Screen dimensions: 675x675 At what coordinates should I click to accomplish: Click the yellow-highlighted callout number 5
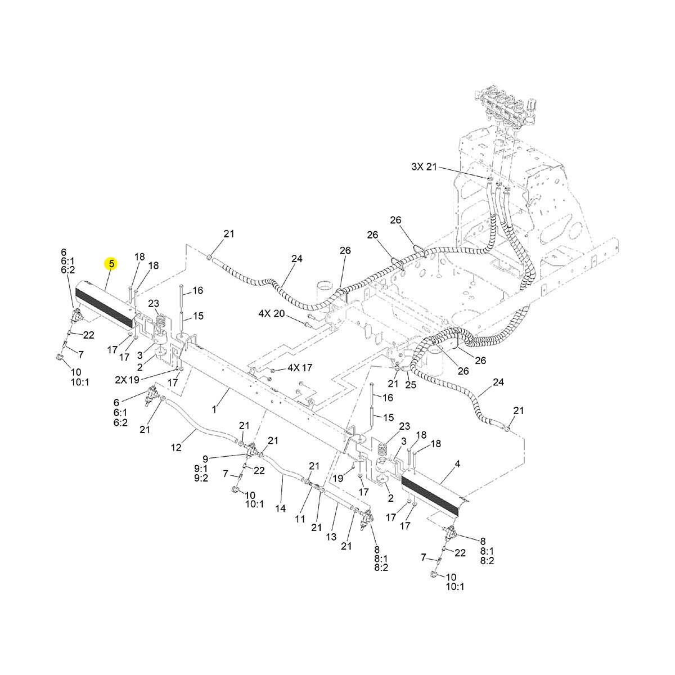coord(111,264)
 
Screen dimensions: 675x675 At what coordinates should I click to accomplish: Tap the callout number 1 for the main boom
coord(214,408)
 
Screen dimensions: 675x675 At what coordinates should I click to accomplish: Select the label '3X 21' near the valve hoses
coord(424,166)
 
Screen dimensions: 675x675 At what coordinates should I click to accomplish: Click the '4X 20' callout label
coord(272,313)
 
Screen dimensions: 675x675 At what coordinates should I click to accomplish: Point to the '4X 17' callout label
coord(300,368)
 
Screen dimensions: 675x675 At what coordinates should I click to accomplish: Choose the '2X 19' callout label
coord(127,380)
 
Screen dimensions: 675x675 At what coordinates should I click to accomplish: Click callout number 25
coord(411,385)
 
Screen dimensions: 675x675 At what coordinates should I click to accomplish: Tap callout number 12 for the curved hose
coord(176,447)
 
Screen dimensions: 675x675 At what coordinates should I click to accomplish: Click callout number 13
coord(331,536)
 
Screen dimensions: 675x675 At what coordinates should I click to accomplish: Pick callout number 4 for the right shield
coord(457,465)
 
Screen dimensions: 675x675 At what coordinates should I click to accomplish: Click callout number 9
coord(205,459)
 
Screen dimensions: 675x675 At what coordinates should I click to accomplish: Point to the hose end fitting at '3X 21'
coord(490,179)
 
